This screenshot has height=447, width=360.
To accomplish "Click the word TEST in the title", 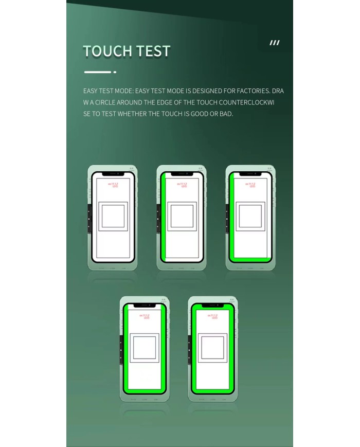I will (x=153, y=51).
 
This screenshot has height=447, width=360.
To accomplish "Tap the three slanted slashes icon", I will (x=275, y=43).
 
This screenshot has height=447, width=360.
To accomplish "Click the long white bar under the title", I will (x=98, y=72).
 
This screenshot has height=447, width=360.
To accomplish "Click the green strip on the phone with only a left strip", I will (x=163, y=216).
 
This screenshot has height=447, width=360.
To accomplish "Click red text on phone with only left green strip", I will (x=182, y=185).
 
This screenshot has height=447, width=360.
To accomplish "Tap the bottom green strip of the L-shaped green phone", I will (x=251, y=259).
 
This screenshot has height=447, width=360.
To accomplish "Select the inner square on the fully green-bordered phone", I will (x=212, y=347).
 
